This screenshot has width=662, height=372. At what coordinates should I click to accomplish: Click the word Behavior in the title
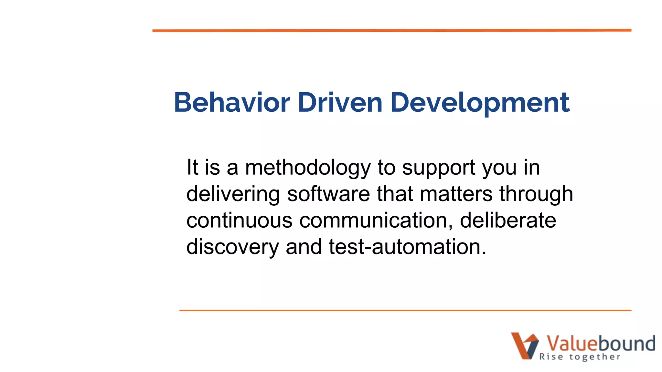[x=232, y=103]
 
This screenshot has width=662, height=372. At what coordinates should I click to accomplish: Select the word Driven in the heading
[x=340, y=103]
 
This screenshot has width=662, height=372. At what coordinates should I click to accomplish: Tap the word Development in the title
[x=480, y=103]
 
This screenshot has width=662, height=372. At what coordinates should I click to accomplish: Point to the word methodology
[x=308, y=168]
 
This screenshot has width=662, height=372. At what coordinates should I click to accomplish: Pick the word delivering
[x=233, y=194]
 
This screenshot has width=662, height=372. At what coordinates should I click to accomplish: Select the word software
[x=328, y=194]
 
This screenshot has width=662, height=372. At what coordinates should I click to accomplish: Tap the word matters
[x=456, y=194]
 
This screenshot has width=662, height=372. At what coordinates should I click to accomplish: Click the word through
[x=536, y=194]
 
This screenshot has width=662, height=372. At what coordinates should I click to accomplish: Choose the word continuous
[x=240, y=221]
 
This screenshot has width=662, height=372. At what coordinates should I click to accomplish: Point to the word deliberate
[x=508, y=221]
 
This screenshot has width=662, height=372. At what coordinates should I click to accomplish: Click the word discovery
[x=232, y=247]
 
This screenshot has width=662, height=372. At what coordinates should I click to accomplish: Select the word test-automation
[x=407, y=247]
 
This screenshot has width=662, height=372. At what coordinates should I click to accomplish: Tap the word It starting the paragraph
[x=192, y=168]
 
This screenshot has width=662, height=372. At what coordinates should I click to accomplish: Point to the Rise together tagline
[x=580, y=357]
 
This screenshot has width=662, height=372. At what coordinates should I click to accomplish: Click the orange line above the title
[x=392, y=30]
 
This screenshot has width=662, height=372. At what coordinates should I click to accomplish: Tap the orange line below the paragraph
[x=405, y=310]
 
